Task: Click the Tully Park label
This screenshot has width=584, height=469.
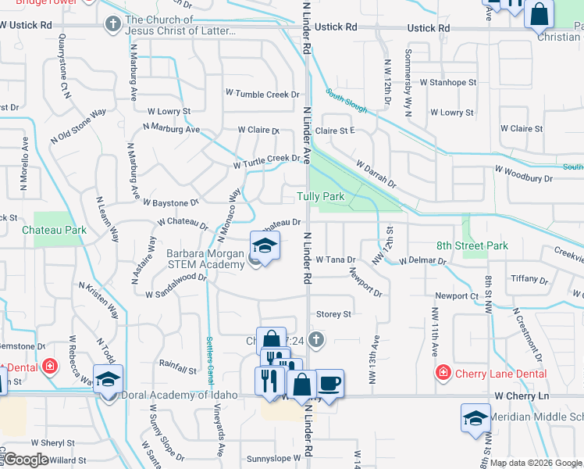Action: pos(320,196)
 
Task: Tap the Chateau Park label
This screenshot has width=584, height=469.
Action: pos(54,231)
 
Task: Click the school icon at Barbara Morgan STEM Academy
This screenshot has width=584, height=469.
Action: pos(265,245)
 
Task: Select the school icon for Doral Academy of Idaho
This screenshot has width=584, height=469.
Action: pos(109,379)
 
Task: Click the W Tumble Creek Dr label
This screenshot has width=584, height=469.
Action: pos(262,95)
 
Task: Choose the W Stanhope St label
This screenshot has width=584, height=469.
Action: pos(447,82)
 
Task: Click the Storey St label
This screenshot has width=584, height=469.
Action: pos(334,314)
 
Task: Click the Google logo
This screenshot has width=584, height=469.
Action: pos(26,459)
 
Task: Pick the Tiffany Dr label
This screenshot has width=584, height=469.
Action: pos(529,279)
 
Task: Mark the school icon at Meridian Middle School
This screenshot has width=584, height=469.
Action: pos(475,417)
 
